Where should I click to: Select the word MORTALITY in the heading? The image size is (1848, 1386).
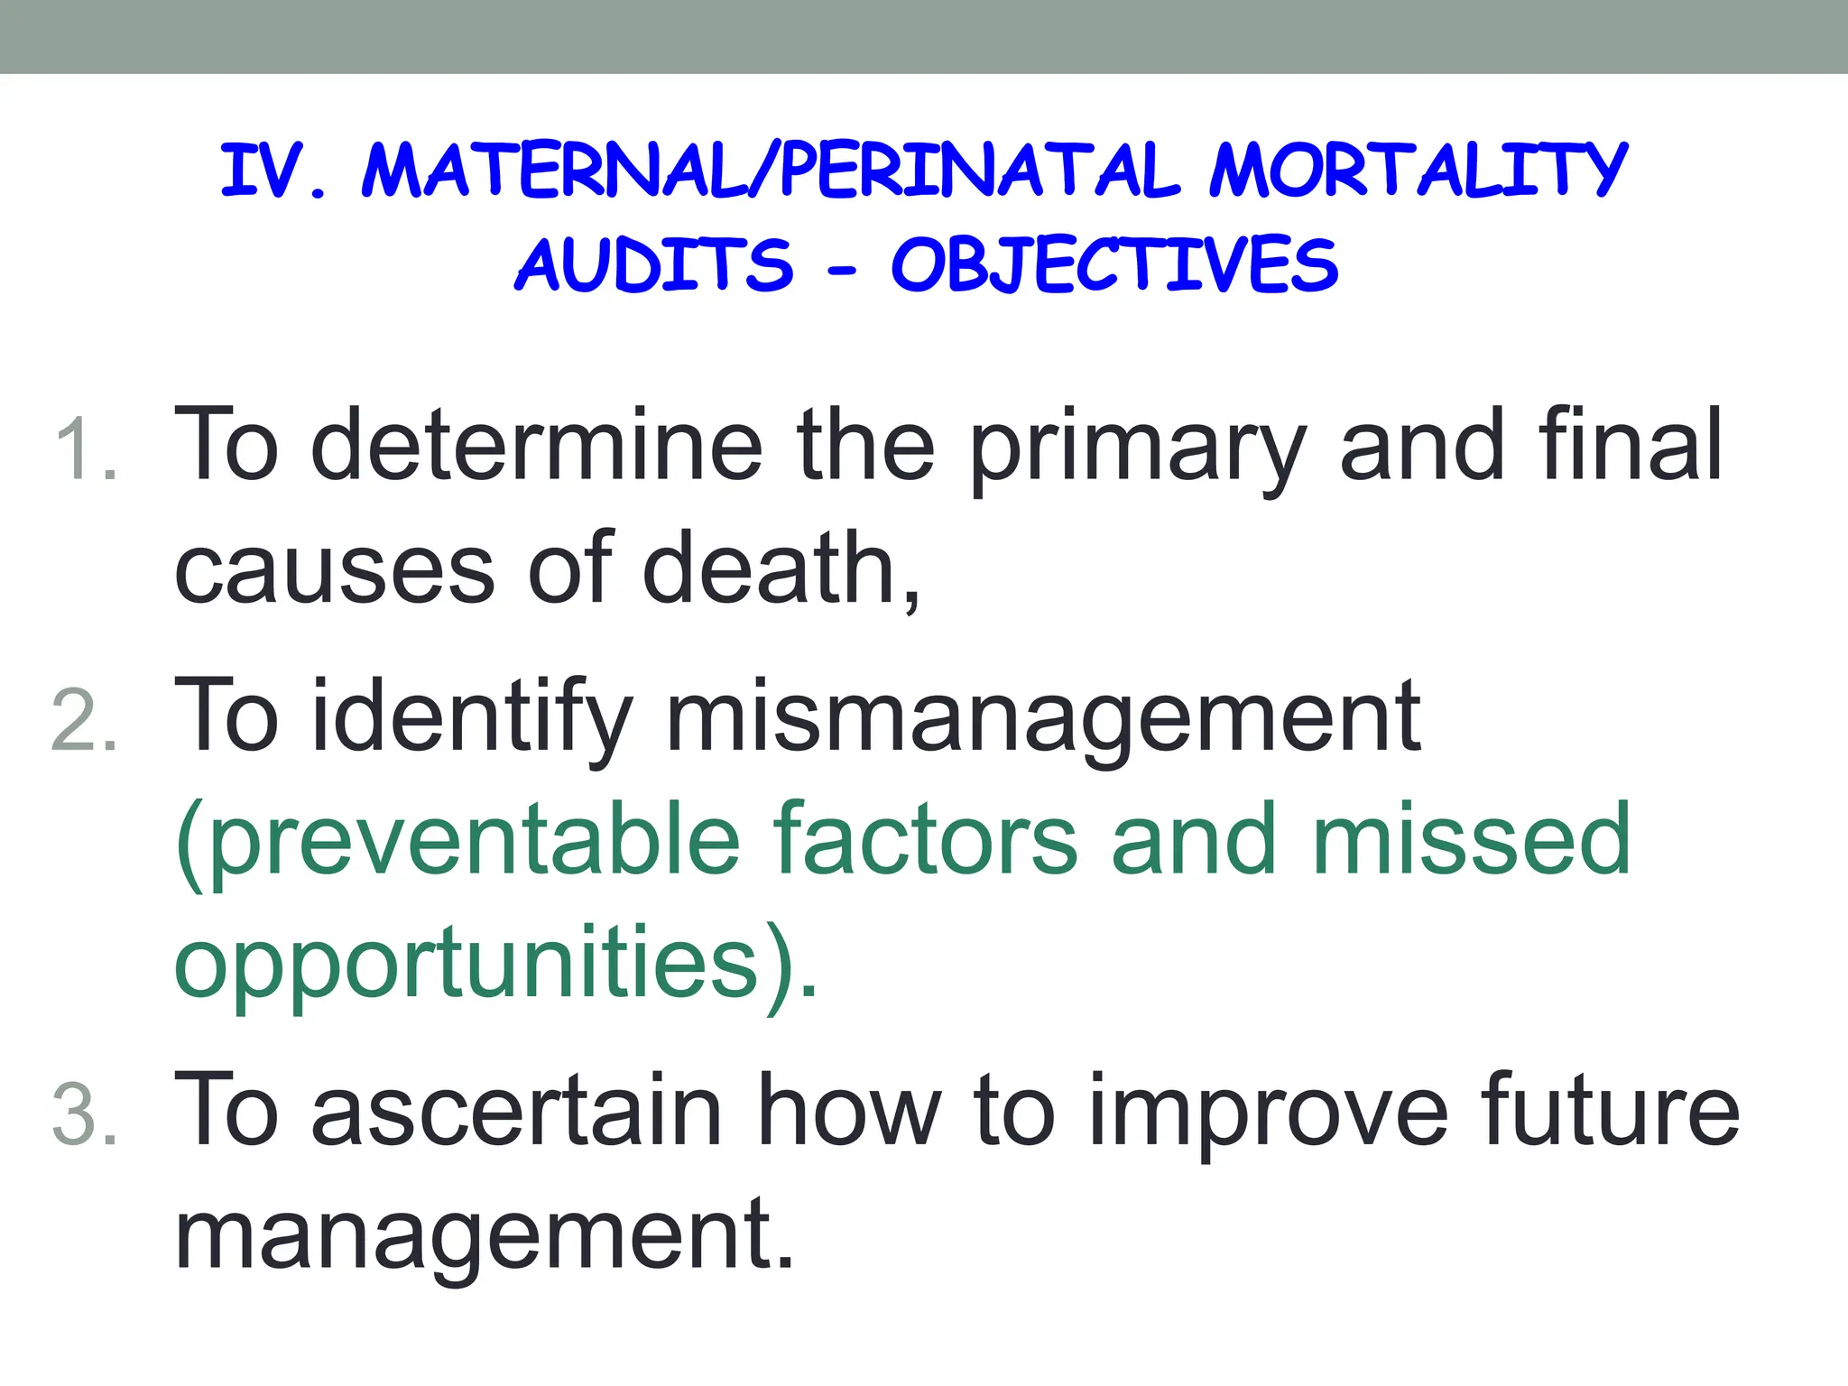point(1418,171)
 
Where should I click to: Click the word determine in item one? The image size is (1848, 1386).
point(536,445)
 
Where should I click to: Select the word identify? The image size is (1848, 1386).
point(469,717)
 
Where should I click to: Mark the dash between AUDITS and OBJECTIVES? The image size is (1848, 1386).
point(841,269)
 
